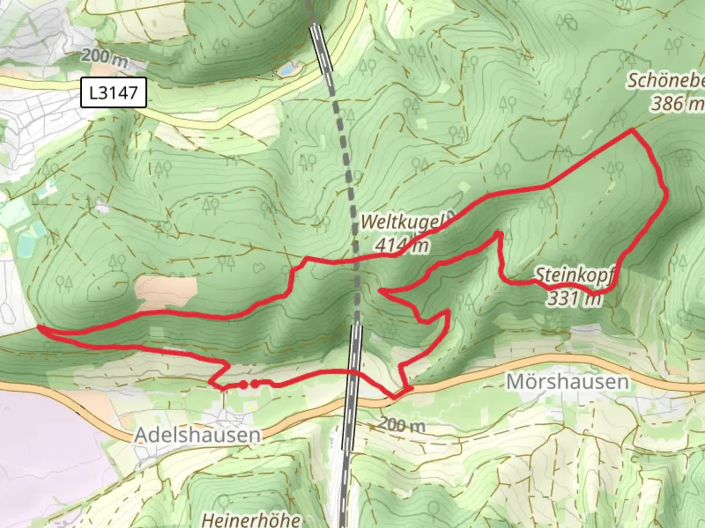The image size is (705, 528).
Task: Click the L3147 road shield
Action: (114, 92)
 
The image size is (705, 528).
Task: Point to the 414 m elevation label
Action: (401, 244)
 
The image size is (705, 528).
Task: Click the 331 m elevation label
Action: (574, 298)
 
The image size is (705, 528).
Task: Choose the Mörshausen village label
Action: (567, 381)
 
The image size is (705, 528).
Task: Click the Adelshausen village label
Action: (197, 435)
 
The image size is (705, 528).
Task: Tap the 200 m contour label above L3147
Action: (104, 57)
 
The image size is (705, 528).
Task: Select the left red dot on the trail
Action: (243, 385)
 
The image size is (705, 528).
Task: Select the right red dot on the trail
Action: (255, 384)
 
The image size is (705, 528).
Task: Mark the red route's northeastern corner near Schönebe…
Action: (633, 130)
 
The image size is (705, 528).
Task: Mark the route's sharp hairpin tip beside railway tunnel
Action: (381, 292)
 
